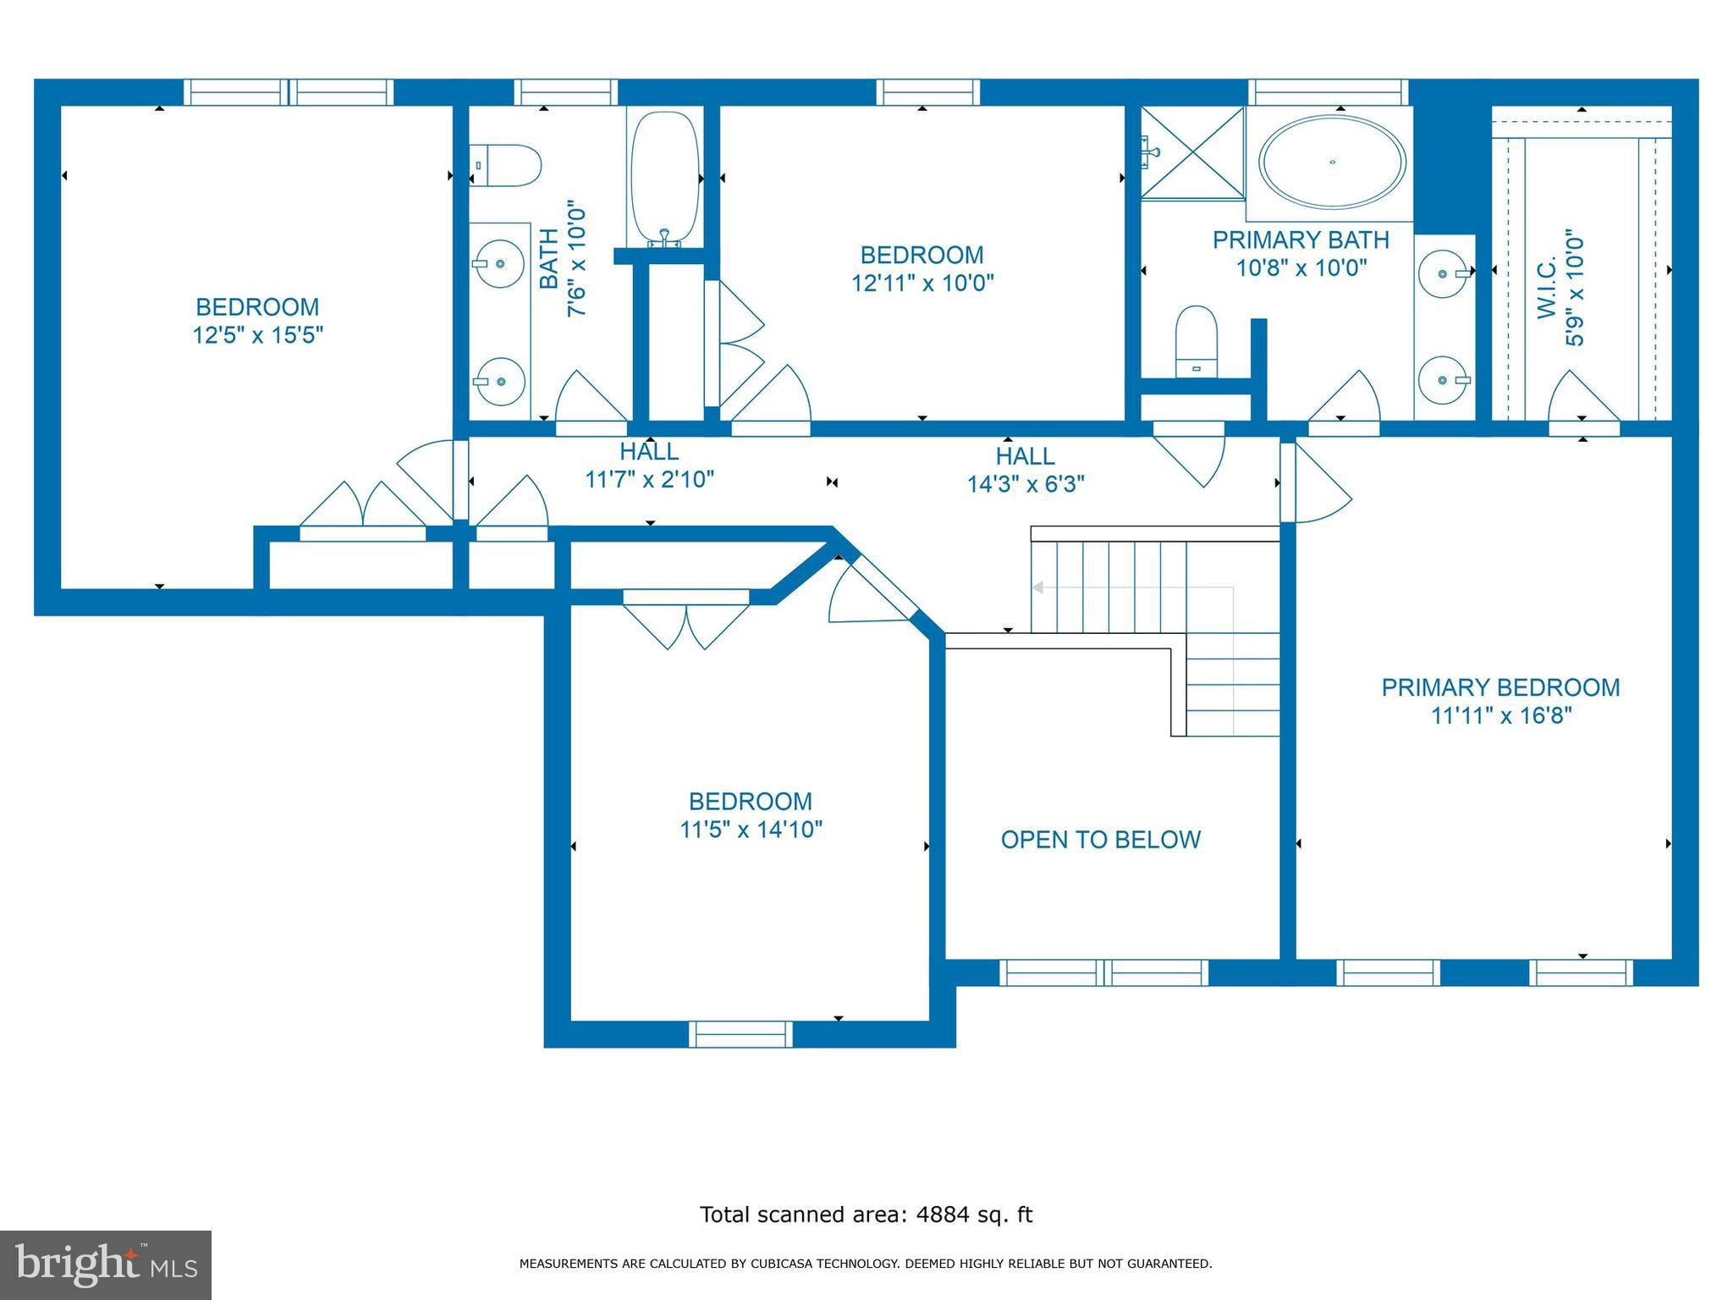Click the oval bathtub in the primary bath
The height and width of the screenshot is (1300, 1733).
point(1332,162)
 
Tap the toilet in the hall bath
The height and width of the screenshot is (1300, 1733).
point(506,166)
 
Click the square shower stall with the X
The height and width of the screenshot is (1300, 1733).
point(1193,153)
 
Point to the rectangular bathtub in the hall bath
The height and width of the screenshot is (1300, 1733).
point(665,178)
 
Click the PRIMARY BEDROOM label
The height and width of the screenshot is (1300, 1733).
point(1500,687)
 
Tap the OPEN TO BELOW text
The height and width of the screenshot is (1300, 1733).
point(1100,840)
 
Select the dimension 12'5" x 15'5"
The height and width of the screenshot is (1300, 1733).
point(258,336)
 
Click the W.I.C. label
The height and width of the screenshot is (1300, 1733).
point(1547,289)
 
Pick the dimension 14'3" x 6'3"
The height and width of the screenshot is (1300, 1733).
point(1026,484)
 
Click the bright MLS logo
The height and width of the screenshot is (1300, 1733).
point(105,1264)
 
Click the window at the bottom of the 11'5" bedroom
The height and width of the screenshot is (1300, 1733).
point(740,1034)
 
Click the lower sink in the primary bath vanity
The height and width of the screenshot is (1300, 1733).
point(1443,381)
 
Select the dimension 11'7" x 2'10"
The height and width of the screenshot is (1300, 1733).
point(649,480)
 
